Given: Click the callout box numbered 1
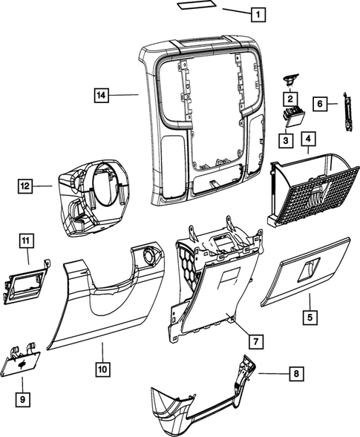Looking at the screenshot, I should point(257,13).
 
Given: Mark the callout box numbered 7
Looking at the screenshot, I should point(254,341).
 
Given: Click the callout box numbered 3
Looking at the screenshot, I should point(284,140).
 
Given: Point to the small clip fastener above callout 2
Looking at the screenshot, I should point(289,79).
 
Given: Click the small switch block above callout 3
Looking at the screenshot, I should point(292,116).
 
